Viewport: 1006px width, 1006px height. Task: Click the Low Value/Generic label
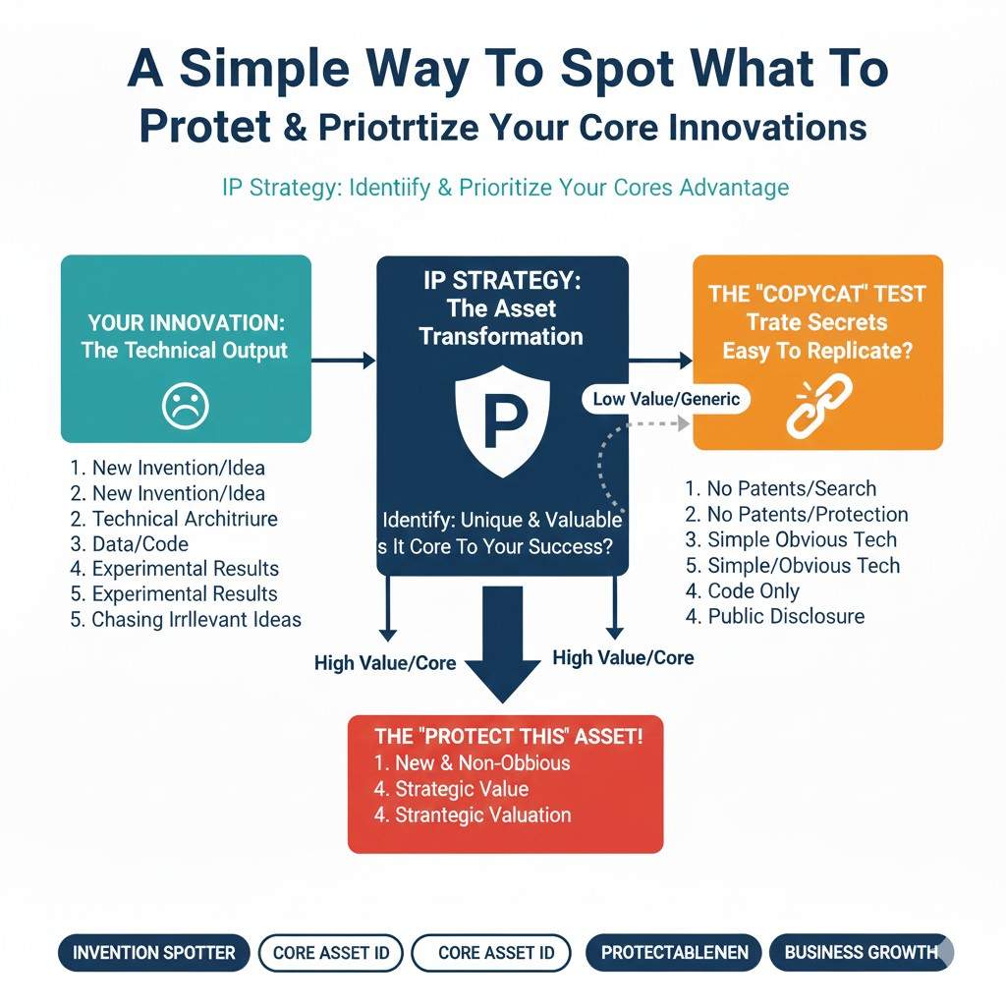pos(665,399)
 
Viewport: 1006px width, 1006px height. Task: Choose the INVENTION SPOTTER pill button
pos(154,952)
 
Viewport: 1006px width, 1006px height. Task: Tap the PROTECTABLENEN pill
pos(674,952)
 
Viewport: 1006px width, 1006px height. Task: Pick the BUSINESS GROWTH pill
pos(861,952)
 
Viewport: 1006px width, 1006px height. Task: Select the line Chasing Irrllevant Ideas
pos(196,619)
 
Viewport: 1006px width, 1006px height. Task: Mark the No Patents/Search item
pos(791,488)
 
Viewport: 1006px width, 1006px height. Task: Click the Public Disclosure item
pos(786,616)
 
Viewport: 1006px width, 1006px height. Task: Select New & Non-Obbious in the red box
pos(481,762)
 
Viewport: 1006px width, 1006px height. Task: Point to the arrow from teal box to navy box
pos(343,361)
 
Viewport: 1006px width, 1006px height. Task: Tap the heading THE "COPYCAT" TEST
pos(816,293)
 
